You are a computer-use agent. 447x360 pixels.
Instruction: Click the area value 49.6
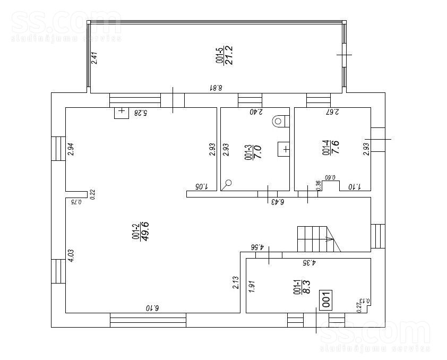tap(145, 231)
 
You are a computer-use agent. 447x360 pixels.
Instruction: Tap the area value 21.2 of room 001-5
tap(229, 55)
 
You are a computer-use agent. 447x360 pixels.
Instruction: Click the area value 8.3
tap(306, 287)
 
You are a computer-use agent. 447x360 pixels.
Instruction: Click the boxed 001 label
tap(326, 299)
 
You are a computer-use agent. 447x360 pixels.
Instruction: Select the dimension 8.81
tap(216, 88)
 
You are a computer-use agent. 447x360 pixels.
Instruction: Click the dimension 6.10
tap(152, 308)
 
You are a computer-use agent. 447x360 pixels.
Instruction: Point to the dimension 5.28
tap(141, 113)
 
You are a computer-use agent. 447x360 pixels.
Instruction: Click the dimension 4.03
tap(71, 256)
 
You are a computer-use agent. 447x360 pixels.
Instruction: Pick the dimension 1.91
tap(252, 287)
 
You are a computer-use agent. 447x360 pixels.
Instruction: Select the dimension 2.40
tap(256, 112)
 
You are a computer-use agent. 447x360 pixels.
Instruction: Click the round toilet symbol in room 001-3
tap(278, 122)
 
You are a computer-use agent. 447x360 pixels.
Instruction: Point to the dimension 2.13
tap(236, 282)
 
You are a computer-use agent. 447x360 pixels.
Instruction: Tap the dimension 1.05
tap(202, 187)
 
